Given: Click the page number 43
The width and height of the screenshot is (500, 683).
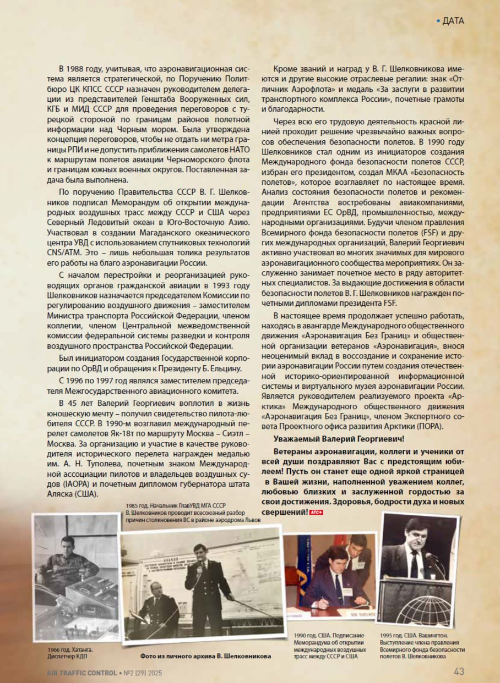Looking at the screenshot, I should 459,671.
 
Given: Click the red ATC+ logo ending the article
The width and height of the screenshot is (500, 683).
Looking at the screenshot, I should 316,513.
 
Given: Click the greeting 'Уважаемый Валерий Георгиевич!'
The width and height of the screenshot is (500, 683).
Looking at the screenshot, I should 339,438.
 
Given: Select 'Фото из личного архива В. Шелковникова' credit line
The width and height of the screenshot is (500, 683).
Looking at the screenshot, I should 206,656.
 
